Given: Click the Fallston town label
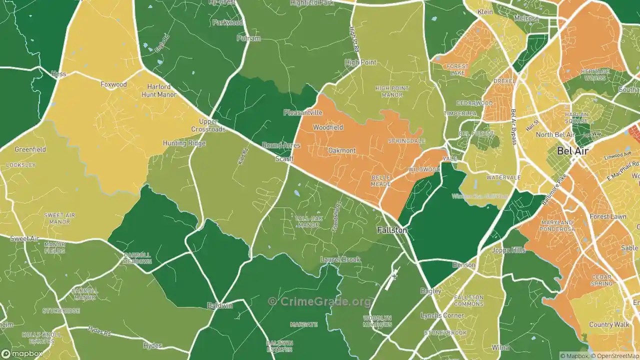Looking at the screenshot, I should (x=392, y=230).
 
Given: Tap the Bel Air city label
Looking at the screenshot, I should (x=573, y=150).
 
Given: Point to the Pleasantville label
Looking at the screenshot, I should (x=303, y=112).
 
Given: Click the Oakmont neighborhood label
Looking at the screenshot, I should (x=342, y=150).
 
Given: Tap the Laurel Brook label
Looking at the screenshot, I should (x=340, y=259).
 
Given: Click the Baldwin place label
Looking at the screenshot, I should (x=220, y=305).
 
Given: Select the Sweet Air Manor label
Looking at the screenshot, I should (x=59, y=218).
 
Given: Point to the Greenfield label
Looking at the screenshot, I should (x=30, y=149).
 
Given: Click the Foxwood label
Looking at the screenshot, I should (x=113, y=84).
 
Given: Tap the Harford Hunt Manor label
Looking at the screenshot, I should (x=159, y=90).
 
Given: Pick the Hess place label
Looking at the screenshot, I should (x=58, y=74).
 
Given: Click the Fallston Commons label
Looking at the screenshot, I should (x=468, y=300).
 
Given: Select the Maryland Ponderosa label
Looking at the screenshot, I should (x=556, y=226).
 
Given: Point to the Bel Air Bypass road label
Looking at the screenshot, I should (x=513, y=127).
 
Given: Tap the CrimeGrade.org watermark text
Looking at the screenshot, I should (x=320, y=301).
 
